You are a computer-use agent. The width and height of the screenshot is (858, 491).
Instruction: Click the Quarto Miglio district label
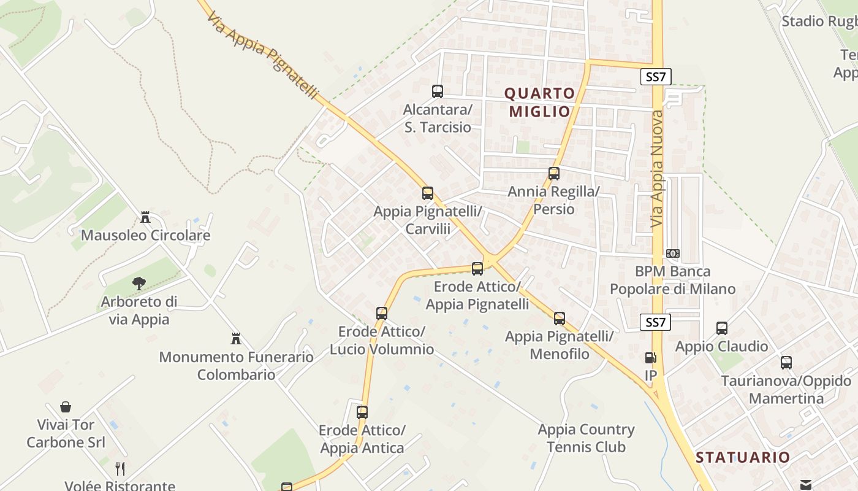540,102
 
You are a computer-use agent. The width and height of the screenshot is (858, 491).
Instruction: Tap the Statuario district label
743,457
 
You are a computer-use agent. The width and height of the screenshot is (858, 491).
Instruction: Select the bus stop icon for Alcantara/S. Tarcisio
438,91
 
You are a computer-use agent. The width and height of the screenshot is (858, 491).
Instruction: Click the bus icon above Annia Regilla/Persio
554,174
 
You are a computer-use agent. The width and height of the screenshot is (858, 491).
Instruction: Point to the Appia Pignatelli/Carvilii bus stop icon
428,193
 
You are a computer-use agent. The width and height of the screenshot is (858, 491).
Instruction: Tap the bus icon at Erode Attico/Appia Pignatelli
477,268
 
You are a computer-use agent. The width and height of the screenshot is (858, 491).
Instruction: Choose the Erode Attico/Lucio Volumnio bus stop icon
382,314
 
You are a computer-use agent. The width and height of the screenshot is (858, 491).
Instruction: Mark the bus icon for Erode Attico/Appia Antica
362,412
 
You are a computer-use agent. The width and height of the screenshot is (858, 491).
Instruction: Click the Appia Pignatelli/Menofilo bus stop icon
560,319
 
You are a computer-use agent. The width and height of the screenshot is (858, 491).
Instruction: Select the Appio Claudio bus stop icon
722,328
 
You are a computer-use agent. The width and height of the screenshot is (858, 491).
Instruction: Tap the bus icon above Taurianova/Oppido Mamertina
786,363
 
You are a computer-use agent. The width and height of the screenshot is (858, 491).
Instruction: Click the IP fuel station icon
650,358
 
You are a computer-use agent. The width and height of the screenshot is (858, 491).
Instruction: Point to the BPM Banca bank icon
673,253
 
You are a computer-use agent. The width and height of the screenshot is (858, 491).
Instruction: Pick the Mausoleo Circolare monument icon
145,217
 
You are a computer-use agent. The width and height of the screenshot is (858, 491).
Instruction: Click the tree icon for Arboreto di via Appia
139,284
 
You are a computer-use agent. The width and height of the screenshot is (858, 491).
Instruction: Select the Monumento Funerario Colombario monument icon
236,339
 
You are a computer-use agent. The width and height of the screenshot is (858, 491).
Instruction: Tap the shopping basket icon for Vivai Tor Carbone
66,407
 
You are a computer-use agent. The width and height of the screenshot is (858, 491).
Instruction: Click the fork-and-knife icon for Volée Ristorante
120,469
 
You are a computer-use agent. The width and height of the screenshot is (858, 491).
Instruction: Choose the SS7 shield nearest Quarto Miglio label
656,77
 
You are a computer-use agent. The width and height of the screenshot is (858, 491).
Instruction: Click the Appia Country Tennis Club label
586,438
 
